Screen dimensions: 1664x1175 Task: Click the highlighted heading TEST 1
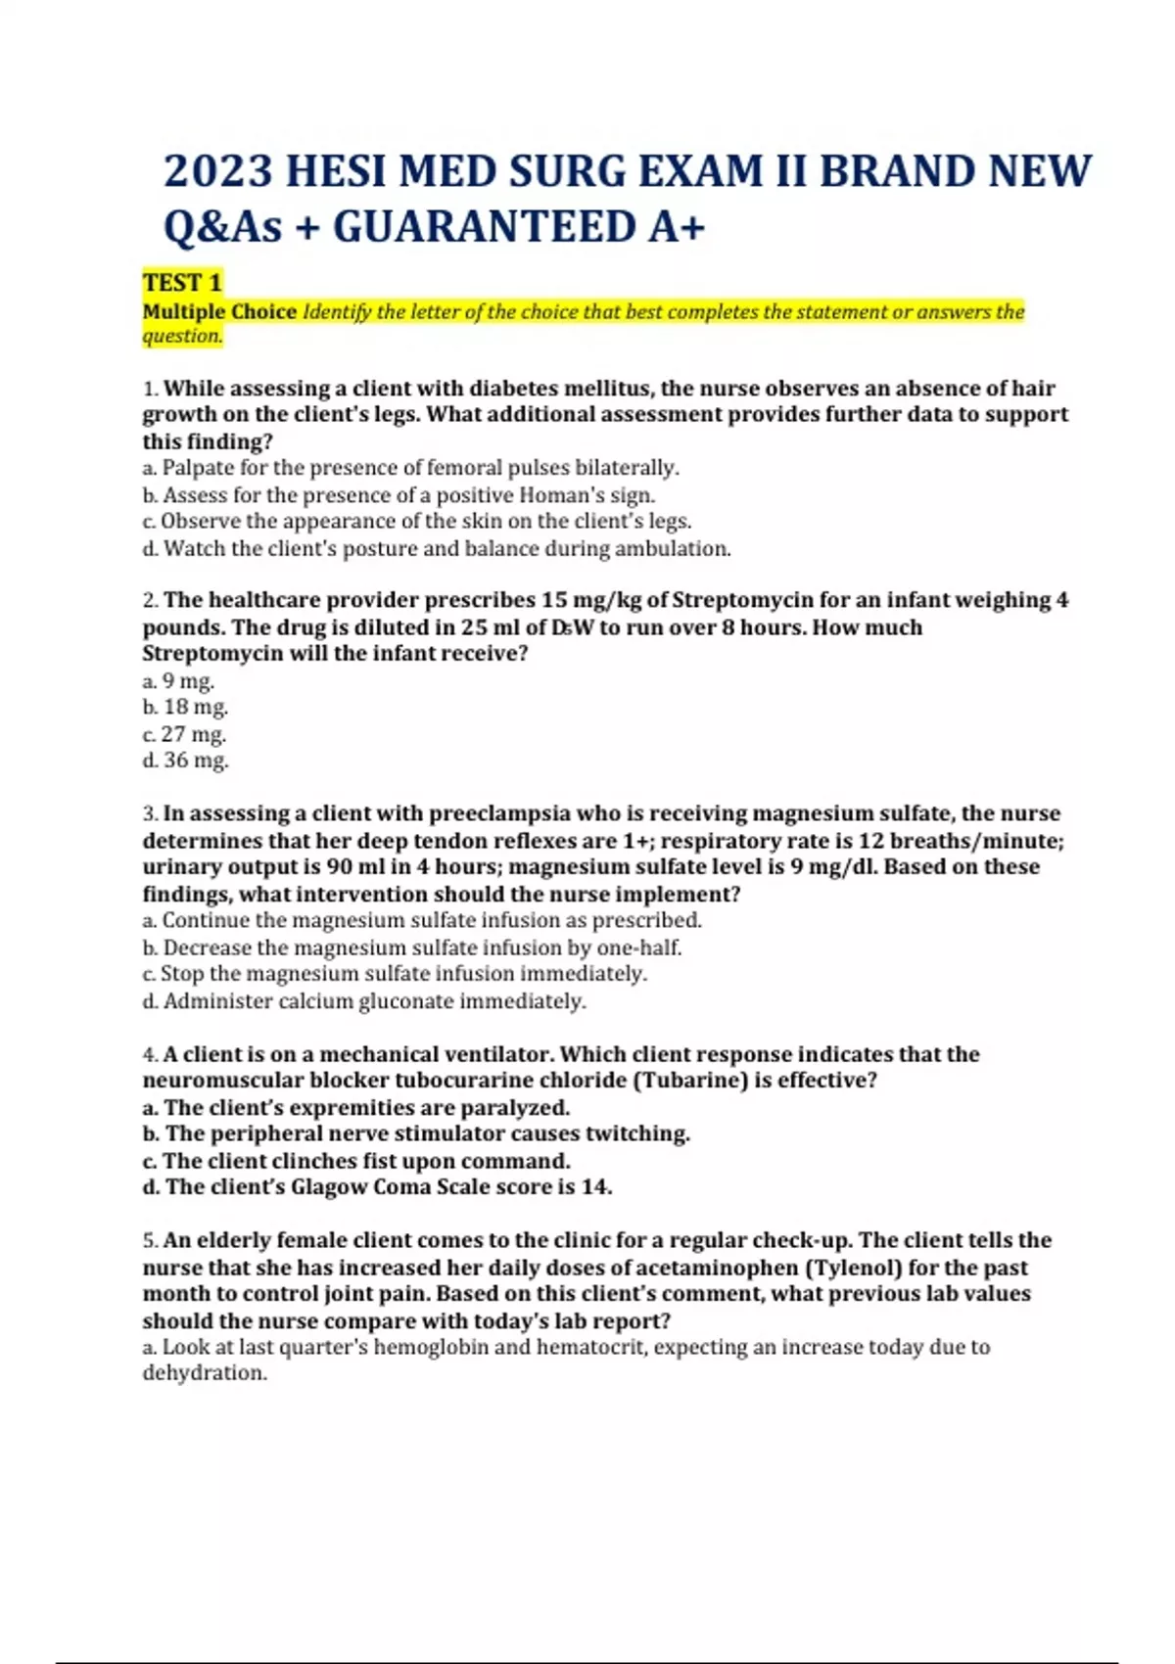click(x=182, y=283)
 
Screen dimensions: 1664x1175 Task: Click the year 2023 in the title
click(x=217, y=172)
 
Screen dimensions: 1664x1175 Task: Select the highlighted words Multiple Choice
click(x=219, y=311)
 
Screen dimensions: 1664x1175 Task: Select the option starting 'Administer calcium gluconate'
click(x=374, y=1001)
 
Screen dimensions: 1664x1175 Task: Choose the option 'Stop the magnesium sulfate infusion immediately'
click(x=403, y=974)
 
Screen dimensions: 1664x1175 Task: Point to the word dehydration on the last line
click(x=204, y=1373)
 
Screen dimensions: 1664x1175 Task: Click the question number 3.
click(x=150, y=813)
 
